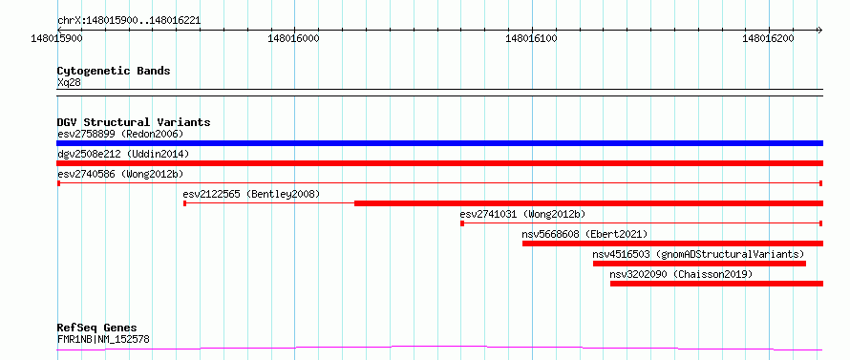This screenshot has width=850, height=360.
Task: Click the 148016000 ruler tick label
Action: tap(294, 38)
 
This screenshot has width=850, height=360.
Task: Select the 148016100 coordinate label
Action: tap(531, 38)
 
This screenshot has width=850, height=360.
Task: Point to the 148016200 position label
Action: tap(769, 38)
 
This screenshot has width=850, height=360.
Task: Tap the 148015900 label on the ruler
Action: tap(57, 38)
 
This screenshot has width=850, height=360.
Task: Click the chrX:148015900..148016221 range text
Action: tap(129, 21)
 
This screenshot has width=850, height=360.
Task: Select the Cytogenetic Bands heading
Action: tap(114, 71)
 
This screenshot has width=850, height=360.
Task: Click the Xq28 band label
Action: tap(69, 82)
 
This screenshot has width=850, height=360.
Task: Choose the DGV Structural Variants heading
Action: tap(134, 122)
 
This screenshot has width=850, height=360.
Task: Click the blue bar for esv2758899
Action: tap(439, 143)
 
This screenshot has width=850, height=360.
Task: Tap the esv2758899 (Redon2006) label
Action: tap(120, 134)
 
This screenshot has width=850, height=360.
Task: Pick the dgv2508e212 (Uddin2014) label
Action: tap(123, 154)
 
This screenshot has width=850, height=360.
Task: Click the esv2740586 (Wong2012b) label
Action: tap(120, 174)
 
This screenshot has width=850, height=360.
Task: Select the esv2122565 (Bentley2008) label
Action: tap(251, 194)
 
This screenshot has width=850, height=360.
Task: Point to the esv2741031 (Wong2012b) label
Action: tap(522, 214)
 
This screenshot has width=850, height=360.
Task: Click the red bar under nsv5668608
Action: tap(672, 244)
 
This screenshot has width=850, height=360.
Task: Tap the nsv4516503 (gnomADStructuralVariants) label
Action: tap(698, 254)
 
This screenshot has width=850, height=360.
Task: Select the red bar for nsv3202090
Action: tap(716, 284)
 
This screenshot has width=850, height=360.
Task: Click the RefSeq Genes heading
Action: tap(97, 328)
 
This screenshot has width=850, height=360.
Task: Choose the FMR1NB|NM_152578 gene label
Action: tap(103, 339)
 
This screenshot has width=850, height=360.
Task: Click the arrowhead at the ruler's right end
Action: tap(821, 30)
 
